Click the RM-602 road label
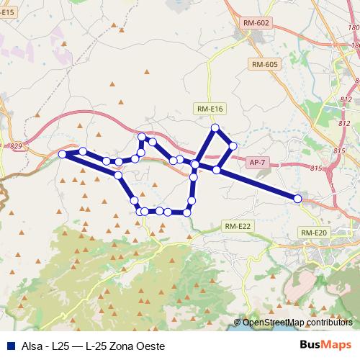(256, 24)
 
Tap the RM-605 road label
(265, 65)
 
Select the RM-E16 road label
(210, 109)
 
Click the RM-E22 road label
(238, 226)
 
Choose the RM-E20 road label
(314, 233)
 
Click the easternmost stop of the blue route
(297, 198)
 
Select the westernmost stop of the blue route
(63, 154)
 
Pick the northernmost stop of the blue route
(214, 128)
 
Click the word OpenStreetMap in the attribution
(272, 323)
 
